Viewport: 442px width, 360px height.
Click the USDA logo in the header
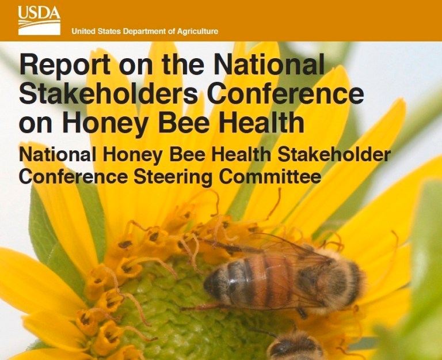(39, 20)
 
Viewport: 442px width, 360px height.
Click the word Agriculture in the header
(196, 31)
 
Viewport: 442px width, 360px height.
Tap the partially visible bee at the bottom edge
(294, 347)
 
